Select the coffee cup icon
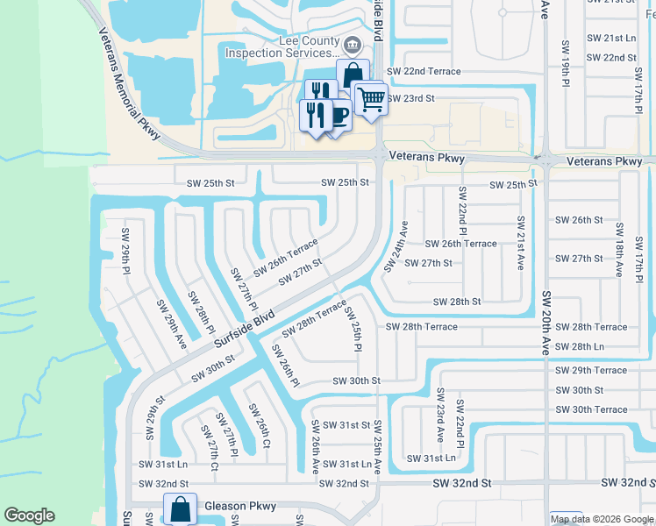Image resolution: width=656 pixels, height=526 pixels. tap(337, 113)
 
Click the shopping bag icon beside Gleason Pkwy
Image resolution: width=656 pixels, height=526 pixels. tap(180, 508)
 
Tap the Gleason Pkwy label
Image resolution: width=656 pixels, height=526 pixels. tap(239, 507)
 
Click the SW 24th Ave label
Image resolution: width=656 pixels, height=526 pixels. tap(396, 245)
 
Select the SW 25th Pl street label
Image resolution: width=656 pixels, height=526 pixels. tap(353, 330)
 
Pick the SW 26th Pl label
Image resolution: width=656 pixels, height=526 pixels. tap(286, 366)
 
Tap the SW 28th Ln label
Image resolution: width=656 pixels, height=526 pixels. tap(599, 347)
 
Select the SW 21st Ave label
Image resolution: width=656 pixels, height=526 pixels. tap(521, 242)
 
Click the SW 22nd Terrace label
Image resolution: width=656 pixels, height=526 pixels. tap(424, 70)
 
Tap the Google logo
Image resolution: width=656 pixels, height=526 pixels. tap(29, 515)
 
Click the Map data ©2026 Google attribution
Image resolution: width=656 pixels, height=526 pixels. tap(602, 519)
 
